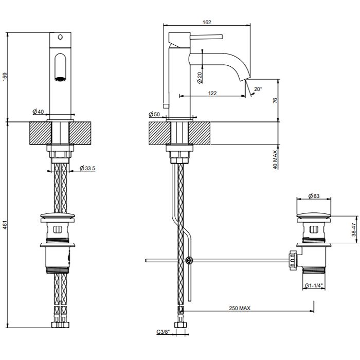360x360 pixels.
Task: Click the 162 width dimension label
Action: (x=207, y=22)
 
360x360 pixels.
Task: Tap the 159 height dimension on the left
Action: (x=5, y=77)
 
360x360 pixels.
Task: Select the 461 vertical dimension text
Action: (x=5, y=225)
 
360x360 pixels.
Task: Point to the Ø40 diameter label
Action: (x=38, y=112)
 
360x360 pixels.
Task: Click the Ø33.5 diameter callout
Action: (x=87, y=168)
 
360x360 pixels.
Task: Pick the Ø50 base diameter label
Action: (x=154, y=114)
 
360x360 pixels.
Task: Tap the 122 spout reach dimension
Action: (x=212, y=93)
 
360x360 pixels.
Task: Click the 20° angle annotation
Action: (x=258, y=89)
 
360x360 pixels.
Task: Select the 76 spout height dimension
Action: (x=275, y=100)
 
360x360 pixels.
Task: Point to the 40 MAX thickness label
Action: (x=275, y=159)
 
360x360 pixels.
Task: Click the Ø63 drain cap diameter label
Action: (x=314, y=196)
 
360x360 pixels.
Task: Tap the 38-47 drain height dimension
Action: (x=354, y=229)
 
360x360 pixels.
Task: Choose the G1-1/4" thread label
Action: (x=314, y=285)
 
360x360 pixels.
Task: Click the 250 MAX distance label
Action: (x=240, y=308)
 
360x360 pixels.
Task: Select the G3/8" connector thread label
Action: (x=163, y=332)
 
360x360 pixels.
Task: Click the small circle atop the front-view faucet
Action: (x=60, y=37)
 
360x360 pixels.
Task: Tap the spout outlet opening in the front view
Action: (x=60, y=79)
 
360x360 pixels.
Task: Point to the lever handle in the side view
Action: (x=206, y=37)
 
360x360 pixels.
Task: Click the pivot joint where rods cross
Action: (x=189, y=260)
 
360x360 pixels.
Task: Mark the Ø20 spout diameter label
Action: (x=200, y=78)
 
